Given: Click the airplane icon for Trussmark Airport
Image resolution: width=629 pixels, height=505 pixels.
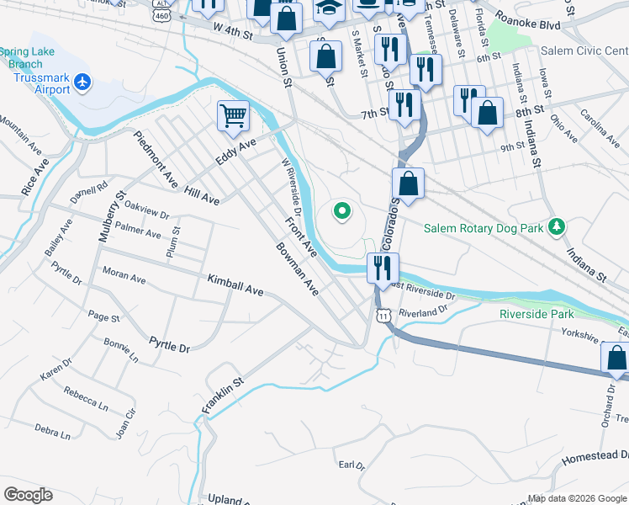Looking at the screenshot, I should [x=82, y=82].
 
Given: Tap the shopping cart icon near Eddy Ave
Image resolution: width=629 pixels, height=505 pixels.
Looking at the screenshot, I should [x=233, y=115].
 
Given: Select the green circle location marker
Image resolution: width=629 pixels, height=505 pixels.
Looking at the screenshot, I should [x=341, y=211].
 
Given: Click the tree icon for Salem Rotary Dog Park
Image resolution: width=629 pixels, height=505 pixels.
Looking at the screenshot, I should [x=555, y=226].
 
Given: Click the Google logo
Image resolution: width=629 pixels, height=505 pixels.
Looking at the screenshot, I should [x=27, y=495].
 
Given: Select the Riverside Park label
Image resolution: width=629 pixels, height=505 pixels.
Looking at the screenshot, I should [x=535, y=313].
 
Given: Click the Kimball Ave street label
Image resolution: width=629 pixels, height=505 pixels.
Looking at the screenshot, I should [x=235, y=285].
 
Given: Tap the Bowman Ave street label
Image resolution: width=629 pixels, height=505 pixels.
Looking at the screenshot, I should [x=298, y=269].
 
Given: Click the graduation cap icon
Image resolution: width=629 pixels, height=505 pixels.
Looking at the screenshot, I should [x=328, y=8].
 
